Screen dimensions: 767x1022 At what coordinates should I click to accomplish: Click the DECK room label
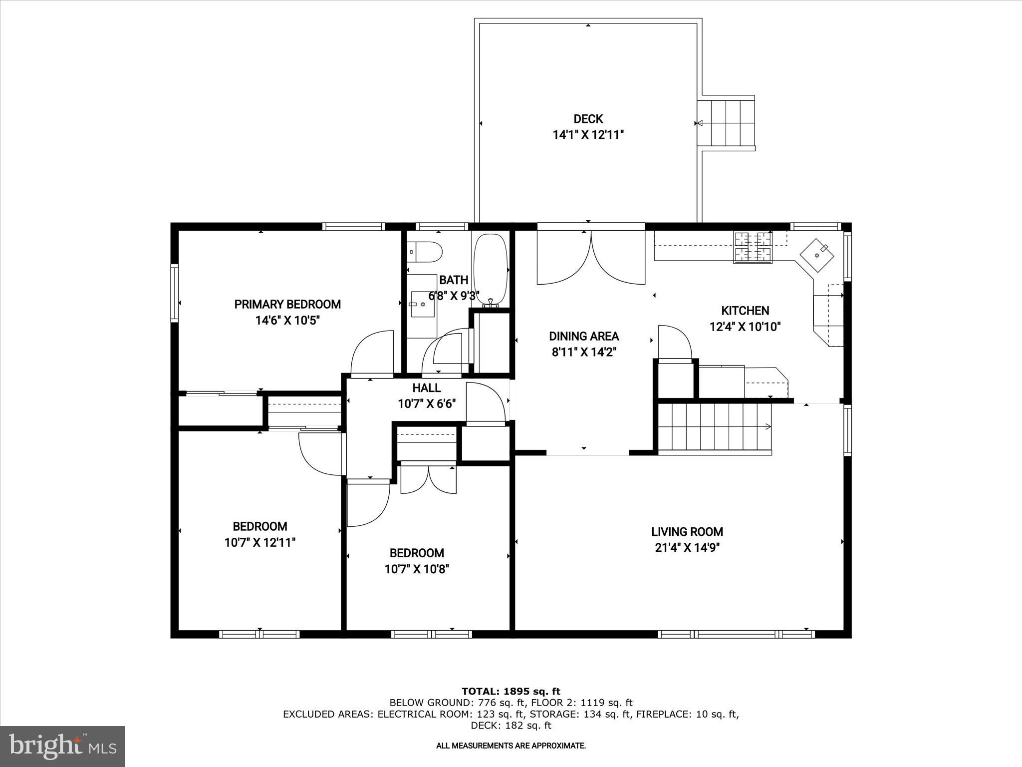coord(588,119)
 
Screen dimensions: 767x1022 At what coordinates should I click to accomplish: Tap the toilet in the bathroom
coord(426,252)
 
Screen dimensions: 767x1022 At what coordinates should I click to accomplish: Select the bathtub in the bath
coord(490,270)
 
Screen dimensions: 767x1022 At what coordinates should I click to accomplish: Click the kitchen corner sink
coord(817,255)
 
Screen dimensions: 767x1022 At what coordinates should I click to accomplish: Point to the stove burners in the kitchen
coord(753,247)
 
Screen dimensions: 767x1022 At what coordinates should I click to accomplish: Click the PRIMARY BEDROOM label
coord(287,304)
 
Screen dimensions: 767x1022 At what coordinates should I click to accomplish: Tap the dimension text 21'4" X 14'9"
coord(687,548)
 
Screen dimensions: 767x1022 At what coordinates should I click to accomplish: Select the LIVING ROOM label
coord(687,532)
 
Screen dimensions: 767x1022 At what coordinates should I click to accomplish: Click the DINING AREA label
coord(584,336)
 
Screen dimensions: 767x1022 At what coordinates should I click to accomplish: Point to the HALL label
coord(426,387)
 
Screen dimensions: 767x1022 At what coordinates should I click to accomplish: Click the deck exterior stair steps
coord(726,123)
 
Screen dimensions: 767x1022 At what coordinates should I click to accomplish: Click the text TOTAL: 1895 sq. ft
coord(511,691)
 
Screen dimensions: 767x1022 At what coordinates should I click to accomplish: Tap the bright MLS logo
coord(62,746)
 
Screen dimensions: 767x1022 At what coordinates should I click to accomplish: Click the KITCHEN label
coord(745,311)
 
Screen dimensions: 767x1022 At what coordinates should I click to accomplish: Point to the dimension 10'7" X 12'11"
coord(259,542)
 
